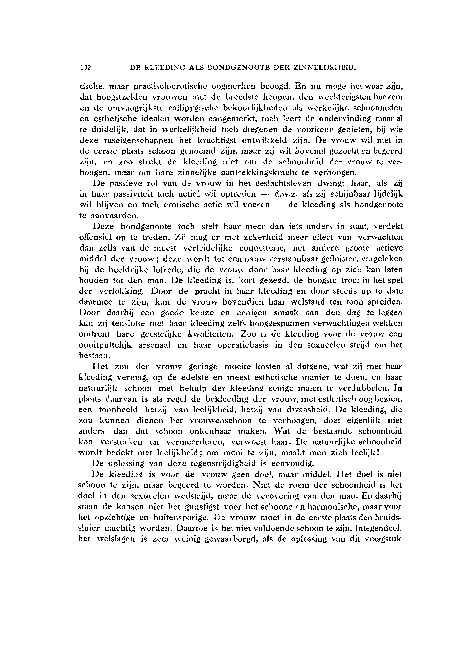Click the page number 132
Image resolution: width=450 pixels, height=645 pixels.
[86, 68]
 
